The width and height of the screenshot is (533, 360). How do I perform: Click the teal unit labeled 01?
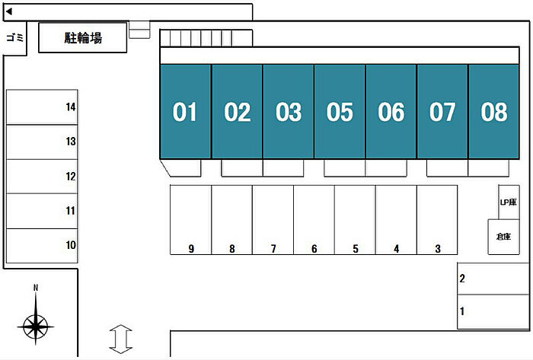point(185,112)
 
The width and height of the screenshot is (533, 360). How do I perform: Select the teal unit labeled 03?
point(289,112)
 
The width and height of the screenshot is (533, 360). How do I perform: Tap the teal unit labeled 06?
point(391,112)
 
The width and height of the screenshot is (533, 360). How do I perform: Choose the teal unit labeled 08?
point(494,112)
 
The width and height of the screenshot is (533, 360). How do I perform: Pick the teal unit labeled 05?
point(340,112)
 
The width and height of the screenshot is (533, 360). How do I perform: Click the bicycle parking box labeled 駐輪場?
point(82,37)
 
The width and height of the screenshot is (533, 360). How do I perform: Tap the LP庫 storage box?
point(509,202)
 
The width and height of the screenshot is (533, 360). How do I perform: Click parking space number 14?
point(42,107)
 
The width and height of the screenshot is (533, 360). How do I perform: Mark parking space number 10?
point(42,245)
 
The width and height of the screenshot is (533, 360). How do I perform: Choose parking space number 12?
point(42,177)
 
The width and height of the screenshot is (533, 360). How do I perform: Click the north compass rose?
point(35,323)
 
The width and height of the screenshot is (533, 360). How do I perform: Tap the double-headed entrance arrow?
point(120,338)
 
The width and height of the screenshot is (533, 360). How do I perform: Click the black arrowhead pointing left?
point(9,11)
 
